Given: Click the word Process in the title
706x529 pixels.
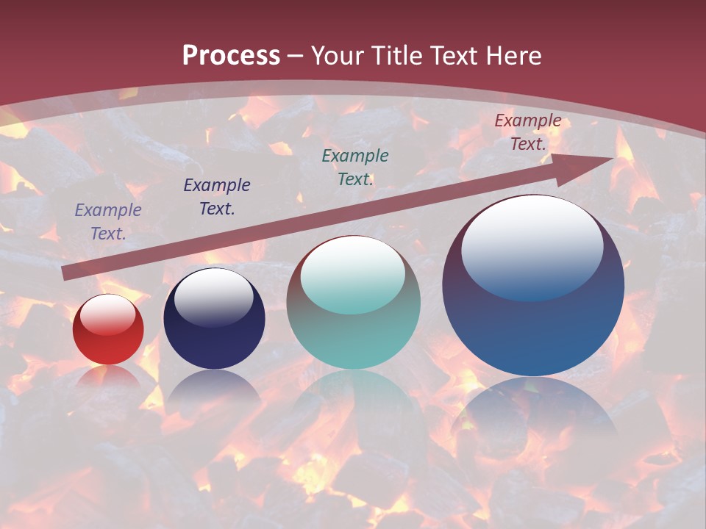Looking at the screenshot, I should [231, 56].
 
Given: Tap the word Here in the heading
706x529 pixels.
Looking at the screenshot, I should [513, 56].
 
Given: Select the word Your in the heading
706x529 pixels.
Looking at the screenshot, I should [336, 56].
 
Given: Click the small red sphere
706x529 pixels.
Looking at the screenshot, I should [108, 331].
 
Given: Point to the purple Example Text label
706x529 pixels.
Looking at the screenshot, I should [108, 221].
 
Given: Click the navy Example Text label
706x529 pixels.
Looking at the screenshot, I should [217, 196].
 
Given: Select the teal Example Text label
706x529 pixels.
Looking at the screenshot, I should [355, 167].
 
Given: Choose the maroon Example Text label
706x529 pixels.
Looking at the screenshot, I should [527, 132].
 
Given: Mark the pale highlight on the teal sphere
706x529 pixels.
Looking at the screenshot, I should [353, 276].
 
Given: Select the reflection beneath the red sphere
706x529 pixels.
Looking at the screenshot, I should [108, 378].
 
